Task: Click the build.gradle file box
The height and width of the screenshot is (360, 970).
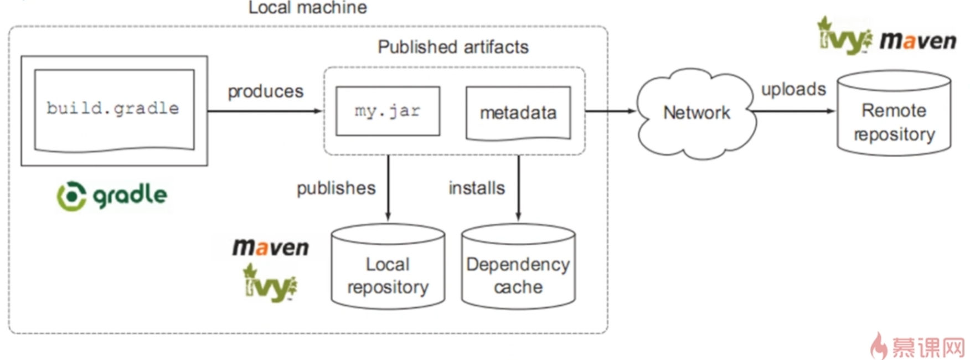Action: point(114,109)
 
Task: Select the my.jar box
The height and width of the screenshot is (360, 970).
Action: point(388,111)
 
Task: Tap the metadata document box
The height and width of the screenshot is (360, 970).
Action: point(518,112)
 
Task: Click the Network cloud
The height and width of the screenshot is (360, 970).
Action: point(696,113)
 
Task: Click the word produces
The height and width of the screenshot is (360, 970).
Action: point(266,91)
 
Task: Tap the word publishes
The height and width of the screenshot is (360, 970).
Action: point(336,188)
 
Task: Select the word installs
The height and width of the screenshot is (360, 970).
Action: point(477,188)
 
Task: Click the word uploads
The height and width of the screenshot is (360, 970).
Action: point(793,89)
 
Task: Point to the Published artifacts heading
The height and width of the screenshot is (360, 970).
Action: point(453,47)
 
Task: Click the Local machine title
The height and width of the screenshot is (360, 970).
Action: point(307,8)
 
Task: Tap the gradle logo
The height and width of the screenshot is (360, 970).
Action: point(112,196)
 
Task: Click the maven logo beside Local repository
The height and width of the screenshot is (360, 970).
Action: point(271,247)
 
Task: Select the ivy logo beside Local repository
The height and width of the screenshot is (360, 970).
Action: point(270,284)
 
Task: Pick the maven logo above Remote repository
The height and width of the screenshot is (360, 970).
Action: point(918,41)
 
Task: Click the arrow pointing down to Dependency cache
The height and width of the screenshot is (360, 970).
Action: point(518,188)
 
